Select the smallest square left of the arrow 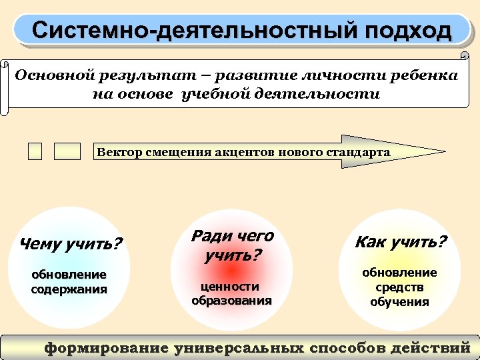[x=35, y=152]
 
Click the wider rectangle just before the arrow [x=67, y=152]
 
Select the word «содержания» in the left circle [x=69, y=289]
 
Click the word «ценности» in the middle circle [x=231, y=286]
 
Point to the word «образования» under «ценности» [x=231, y=300]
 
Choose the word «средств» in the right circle [x=400, y=287]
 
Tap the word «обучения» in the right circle [x=400, y=302]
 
